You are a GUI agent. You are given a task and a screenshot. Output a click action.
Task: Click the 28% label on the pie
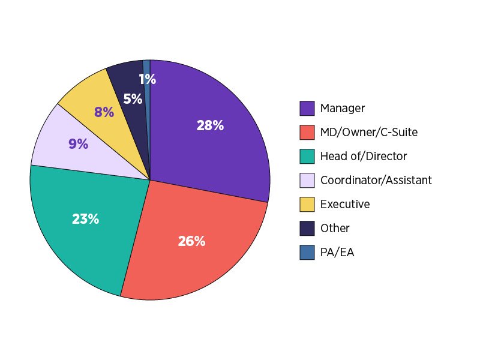click(210, 126)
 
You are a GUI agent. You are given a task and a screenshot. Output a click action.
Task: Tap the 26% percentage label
click(191, 241)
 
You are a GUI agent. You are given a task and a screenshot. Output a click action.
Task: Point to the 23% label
click(85, 219)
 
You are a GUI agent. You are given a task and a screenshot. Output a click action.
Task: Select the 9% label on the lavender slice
click(78, 144)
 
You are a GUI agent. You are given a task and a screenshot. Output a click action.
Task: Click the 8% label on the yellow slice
click(104, 112)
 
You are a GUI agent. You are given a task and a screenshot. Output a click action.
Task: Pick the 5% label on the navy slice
click(133, 99)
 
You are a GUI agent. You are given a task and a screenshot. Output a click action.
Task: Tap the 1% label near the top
click(148, 79)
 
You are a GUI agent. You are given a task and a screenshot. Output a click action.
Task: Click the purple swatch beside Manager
click(307, 109)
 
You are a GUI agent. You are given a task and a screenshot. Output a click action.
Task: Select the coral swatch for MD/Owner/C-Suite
click(307, 133)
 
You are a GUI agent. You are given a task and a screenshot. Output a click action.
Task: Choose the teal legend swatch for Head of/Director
click(307, 157)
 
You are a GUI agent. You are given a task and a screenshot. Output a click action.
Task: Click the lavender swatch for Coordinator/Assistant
click(307, 181)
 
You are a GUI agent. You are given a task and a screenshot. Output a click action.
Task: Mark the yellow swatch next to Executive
click(307, 205)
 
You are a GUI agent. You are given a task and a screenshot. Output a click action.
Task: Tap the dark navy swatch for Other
click(307, 229)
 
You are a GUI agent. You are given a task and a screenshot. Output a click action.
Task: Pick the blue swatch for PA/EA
click(307, 253)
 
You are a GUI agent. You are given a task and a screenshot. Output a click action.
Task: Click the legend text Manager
click(343, 109)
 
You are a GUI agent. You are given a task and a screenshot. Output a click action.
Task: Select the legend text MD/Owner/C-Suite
click(369, 133)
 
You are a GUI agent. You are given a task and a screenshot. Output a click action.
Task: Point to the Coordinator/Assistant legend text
click(376, 181)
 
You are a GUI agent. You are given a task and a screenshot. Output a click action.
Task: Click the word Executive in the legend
click(345, 205)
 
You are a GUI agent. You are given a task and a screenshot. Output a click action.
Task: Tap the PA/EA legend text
click(337, 253)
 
